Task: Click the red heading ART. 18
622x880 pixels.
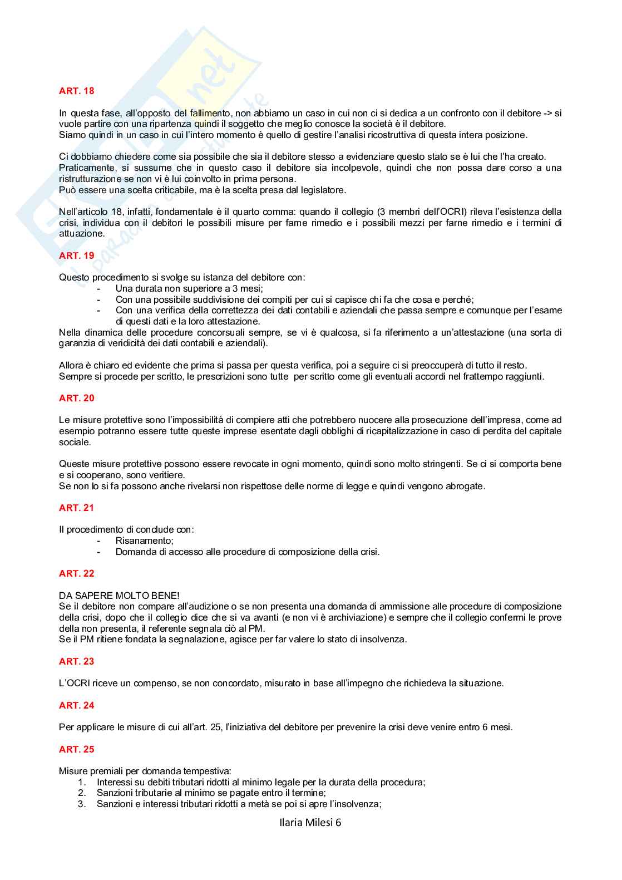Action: (76, 91)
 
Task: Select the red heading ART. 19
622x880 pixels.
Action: (76, 255)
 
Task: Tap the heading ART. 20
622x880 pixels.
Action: (76, 398)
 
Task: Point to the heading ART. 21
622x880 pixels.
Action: (76, 508)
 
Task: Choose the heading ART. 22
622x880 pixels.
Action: (76, 573)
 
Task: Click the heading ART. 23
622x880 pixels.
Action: (76, 661)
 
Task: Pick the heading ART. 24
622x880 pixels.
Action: (76, 705)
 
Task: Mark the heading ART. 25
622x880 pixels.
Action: (76, 749)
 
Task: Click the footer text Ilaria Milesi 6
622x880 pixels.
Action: (310, 822)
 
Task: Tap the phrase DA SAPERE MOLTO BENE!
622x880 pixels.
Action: (119, 596)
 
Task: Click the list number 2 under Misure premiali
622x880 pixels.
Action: (81, 793)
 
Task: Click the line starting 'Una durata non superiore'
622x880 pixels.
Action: (189, 288)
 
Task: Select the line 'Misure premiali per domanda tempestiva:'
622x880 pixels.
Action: (145, 771)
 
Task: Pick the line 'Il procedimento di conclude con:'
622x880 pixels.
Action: (126, 529)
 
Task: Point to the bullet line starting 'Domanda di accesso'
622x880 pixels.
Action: (247, 552)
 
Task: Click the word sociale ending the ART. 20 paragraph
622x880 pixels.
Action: (74, 442)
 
